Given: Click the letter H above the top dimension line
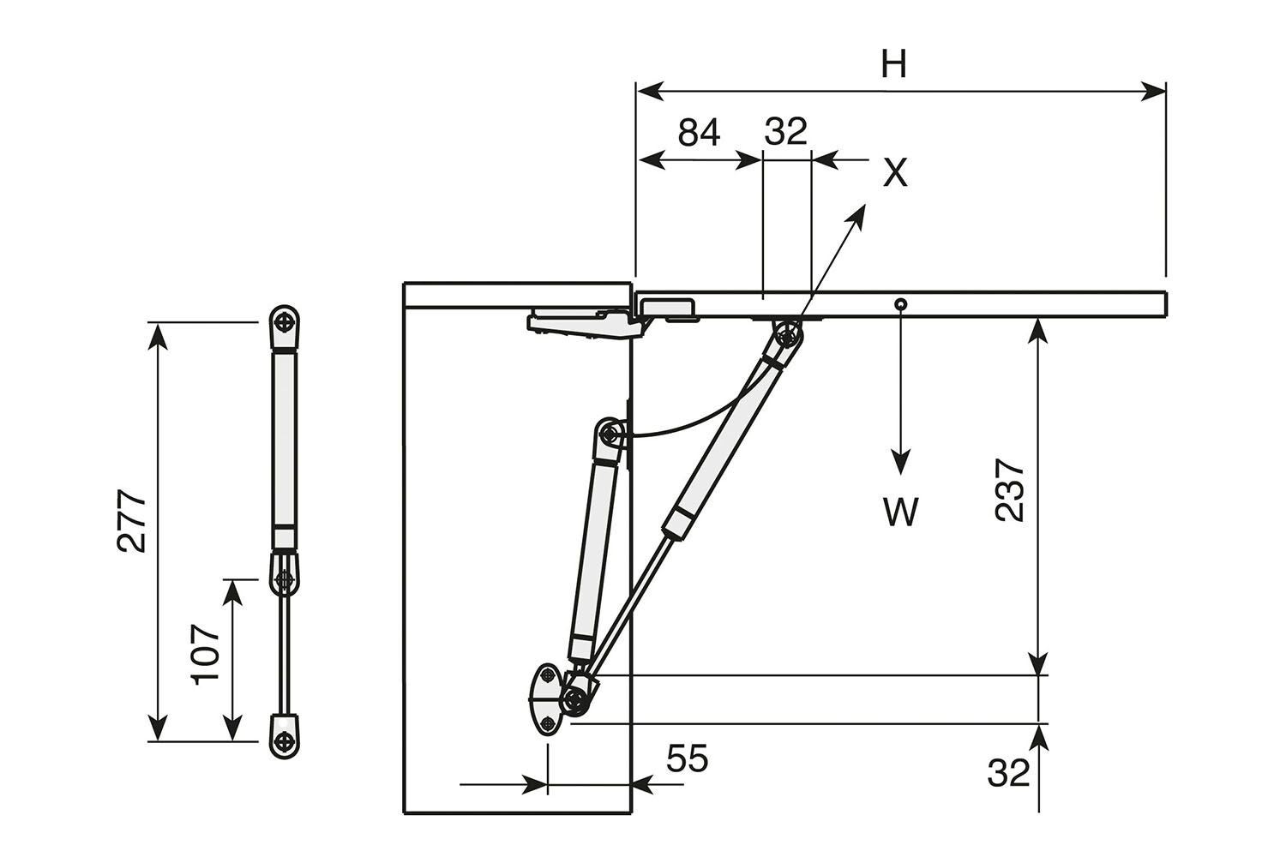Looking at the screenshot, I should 893,64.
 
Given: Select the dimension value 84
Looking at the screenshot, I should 699,133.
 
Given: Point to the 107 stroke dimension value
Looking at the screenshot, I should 207,653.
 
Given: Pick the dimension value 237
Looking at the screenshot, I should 1010,490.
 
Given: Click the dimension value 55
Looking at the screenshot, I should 688,758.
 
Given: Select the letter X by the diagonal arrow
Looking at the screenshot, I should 894,174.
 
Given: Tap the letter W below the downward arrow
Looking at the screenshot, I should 900,512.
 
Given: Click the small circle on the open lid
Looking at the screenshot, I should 900,304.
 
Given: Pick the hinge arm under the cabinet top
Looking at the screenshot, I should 583,322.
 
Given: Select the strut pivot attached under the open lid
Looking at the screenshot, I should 787,333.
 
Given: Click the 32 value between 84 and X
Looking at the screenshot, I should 785,133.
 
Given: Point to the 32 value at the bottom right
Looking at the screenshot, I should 1007,774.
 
